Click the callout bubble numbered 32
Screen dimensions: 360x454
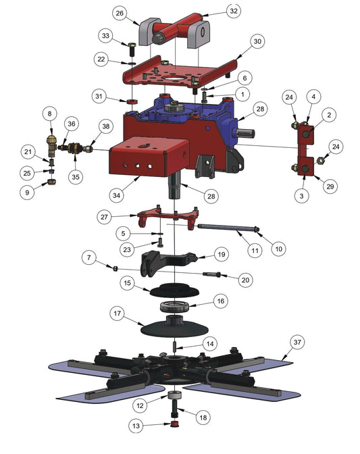pyautogui.click(x=234, y=11)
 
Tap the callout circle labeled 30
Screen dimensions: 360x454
pyautogui.click(x=257, y=41)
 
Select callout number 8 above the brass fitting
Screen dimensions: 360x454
pyautogui.click(x=49, y=113)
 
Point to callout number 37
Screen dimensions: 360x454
pyautogui.click(x=297, y=343)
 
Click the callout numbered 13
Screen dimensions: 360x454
pyautogui.click(x=136, y=426)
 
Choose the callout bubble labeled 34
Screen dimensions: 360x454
pyautogui.click(x=116, y=195)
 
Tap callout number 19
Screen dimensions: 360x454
pyautogui.click(x=222, y=254)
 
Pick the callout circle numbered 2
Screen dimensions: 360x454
pyautogui.click(x=329, y=115)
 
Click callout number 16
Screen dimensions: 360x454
pyautogui.click(x=220, y=301)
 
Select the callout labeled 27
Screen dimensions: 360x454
pyautogui.click(x=104, y=217)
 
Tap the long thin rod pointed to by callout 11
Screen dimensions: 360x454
pyautogui.click(x=227, y=228)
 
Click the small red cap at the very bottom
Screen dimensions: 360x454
pyautogui.click(x=174, y=424)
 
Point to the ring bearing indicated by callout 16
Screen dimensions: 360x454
pyautogui.click(x=174, y=306)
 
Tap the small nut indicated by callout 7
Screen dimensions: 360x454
pyautogui.click(x=115, y=269)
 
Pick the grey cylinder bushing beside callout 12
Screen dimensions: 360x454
pyautogui.click(x=175, y=395)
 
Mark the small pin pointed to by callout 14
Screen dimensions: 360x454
pyautogui.click(x=175, y=346)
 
